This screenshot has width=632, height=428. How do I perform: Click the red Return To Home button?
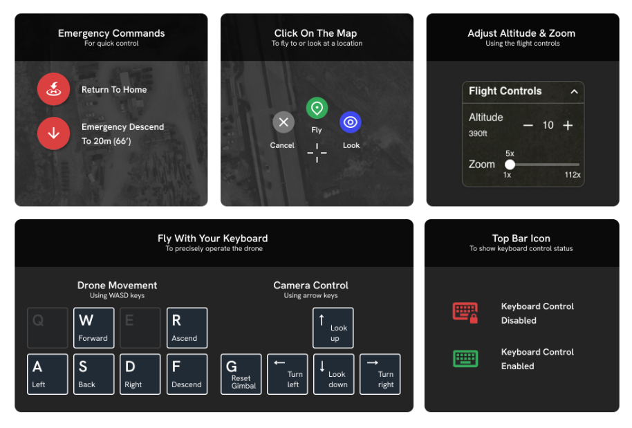coord(54,89)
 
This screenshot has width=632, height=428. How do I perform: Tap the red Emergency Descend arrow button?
coord(54,133)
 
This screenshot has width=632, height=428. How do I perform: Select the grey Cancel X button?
coord(284,122)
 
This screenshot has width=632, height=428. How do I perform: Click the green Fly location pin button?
coord(317,108)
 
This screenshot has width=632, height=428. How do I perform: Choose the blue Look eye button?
coord(351,122)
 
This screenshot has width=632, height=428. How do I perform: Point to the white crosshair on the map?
coord(317,153)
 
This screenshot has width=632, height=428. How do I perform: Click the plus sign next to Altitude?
coord(568,125)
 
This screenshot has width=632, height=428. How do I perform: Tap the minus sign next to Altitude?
coord(528,125)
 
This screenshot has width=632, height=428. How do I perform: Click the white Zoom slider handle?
coord(510,165)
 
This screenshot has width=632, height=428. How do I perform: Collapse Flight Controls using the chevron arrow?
coord(575,91)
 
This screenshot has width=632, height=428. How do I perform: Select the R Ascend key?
coord(187,328)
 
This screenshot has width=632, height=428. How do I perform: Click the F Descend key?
coord(187,374)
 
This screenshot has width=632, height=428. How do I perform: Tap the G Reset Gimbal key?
coord(241,374)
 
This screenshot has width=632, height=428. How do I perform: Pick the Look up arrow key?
coord(333,328)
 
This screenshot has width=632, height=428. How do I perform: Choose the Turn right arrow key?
coord(380,374)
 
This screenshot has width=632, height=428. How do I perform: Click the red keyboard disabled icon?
coord(465,313)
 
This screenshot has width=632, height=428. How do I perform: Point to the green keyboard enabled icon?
coord(465,358)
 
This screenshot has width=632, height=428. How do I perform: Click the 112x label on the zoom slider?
coord(573,175)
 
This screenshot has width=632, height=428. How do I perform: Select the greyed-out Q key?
coord(48,328)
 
